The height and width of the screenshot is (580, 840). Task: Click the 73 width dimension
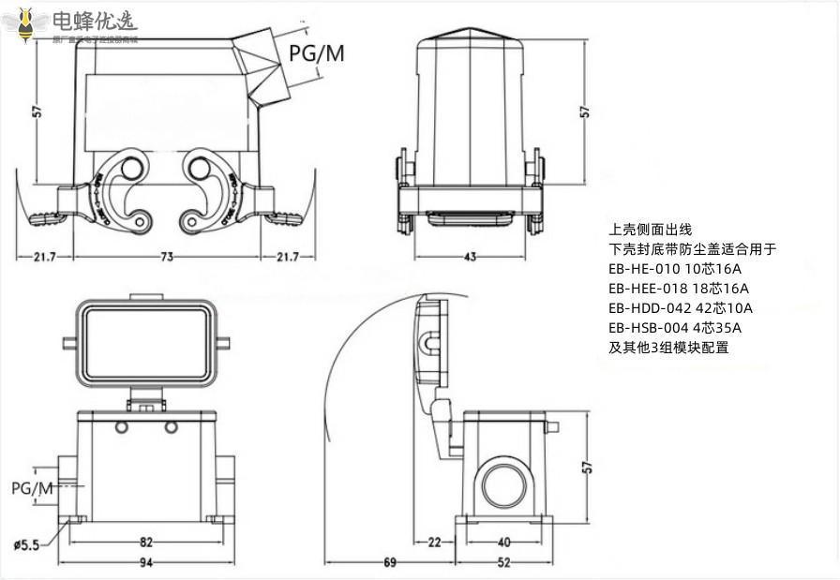pyautogui.click(x=166, y=257)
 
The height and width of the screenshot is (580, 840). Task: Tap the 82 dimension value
pyautogui.click(x=146, y=542)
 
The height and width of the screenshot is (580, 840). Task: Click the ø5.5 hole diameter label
pyautogui.click(x=26, y=544)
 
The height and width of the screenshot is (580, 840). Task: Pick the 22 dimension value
pyautogui.click(x=435, y=542)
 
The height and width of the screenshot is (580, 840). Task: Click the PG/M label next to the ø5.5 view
pyautogui.click(x=32, y=488)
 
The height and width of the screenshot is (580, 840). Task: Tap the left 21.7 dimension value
pyautogui.click(x=45, y=257)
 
